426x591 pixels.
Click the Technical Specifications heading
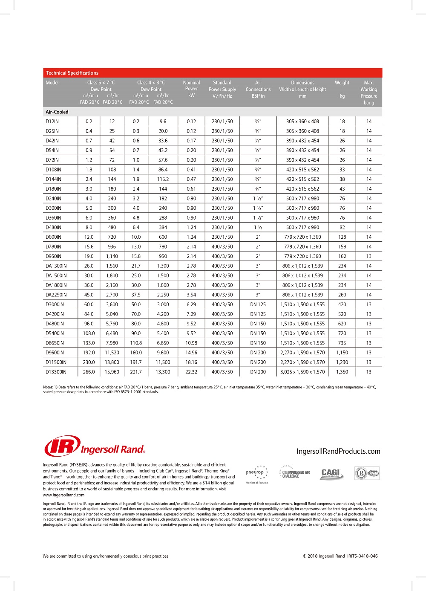point(72,73)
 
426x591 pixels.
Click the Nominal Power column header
point(191,89)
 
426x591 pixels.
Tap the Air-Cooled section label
point(57,112)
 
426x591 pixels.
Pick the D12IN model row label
point(52,122)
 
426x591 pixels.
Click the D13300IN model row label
point(56,372)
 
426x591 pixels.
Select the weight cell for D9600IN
point(342,353)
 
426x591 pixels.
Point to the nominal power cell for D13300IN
point(191,372)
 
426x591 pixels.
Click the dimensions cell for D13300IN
point(302,372)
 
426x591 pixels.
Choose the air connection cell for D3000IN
point(258,304)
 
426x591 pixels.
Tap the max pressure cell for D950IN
point(368,256)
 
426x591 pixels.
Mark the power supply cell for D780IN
point(222,246)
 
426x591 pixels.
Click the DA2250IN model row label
point(56,295)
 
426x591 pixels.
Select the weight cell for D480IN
point(342,227)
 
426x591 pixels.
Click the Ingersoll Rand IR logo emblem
point(62,446)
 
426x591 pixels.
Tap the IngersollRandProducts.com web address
point(338,451)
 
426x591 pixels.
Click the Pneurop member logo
point(257,474)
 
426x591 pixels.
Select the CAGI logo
point(331,473)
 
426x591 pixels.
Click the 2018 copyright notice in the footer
point(340,556)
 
